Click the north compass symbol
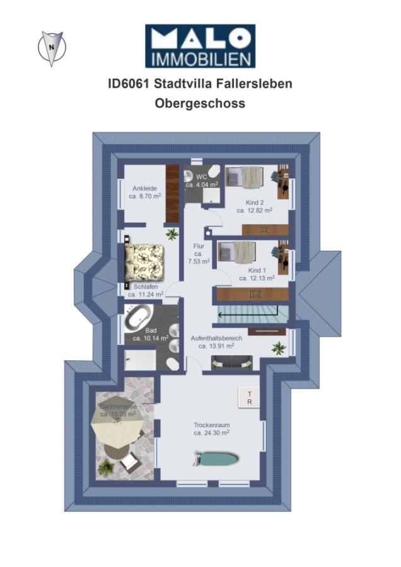click(x=52, y=48)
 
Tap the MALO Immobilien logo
click(x=200, y=46)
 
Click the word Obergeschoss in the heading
click(x=200, y=103)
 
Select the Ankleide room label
click(x=145, y=188)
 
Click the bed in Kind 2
click(x=244, y=176)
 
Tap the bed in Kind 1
click(x=237, y=252)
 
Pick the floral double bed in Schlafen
click(x=144, y=263)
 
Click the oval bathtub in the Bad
click(x=139, y=318)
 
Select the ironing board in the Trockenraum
click(x=216, y=459)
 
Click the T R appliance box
click(x=249, y=398)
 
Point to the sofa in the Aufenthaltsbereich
click(x=232, y=362)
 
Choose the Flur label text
click(x=199, y=246)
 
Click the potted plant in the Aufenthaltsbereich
click(x=279, y=348)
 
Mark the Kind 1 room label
click(x=257, y=270)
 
